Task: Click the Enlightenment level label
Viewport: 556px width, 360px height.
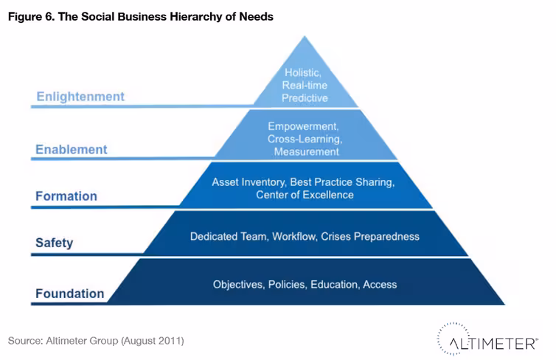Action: coord(80,97)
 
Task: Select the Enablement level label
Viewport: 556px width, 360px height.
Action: coord(72,149)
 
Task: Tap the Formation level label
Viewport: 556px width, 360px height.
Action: coord(66,196)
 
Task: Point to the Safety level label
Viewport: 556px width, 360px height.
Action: coord(55,243)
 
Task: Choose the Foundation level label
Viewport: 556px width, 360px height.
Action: coord(70,294)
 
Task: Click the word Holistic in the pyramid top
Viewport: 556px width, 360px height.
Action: coord(303,73)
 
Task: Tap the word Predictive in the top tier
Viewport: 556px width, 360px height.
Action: coord(305,98)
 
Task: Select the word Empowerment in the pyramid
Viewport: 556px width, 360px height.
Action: coord(303,126)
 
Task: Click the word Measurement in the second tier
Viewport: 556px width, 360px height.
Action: coord(306,152)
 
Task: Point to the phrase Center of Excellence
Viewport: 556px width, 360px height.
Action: coord(305,195)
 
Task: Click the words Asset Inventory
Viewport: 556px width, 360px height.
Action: coord(249,182)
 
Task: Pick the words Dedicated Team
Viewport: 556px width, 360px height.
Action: coord(229,237)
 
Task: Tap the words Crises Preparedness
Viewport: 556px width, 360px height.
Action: coord(370,237)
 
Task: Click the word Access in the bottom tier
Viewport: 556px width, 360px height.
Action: coord(380,285)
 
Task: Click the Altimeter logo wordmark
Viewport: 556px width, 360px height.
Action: coord(493,343)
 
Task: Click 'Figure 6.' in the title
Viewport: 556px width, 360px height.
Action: coord(32,17)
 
